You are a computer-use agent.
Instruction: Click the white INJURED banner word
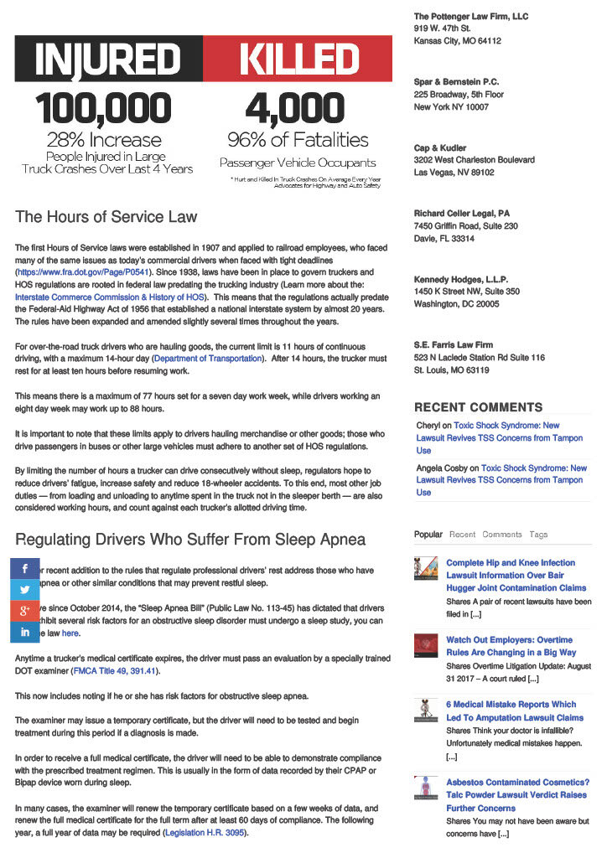(108, 59)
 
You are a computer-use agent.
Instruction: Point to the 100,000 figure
(104, 109)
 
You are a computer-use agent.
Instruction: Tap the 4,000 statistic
(295, 109)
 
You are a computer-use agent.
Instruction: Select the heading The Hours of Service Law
(106, 217)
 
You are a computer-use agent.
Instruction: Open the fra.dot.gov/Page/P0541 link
(82, 272)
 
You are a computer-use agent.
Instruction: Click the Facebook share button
(25, 569)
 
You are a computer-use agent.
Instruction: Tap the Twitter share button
(25, 590)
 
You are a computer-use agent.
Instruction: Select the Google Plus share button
(25, 611)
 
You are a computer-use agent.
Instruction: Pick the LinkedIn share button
(25, 632)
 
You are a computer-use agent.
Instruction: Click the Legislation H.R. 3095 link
(206, 833)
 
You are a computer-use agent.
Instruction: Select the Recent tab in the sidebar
(462, 534)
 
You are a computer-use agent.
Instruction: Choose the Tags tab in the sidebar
(538, 534)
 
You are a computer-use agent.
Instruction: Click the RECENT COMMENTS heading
(478, 407)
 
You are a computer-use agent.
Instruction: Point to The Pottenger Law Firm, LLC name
(470, 17)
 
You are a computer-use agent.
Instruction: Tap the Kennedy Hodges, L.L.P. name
(460, 279)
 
